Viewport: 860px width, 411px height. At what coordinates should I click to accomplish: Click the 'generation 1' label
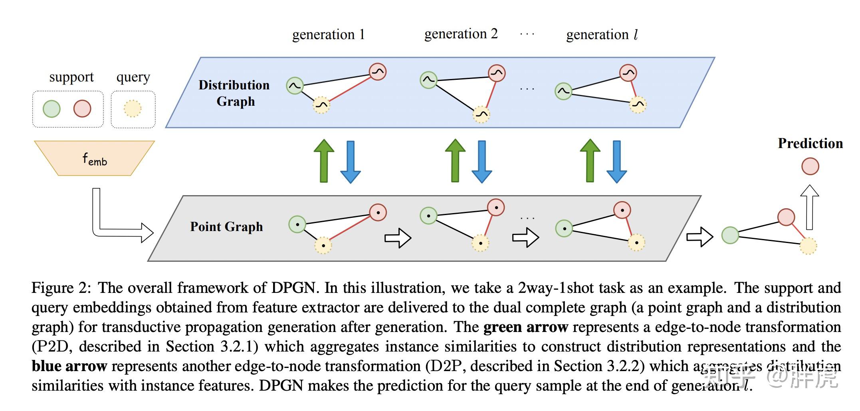[x=328, y=35]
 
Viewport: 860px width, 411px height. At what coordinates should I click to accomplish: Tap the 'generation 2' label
[x=461, y=34]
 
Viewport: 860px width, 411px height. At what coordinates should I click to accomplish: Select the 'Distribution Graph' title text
[x=234, y=93]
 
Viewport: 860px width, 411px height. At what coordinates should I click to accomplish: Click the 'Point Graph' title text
[x=226, y=227]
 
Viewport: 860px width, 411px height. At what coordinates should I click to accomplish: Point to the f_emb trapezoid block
[x=95, y=158]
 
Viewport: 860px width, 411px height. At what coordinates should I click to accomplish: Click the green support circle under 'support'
[x=52, y=109]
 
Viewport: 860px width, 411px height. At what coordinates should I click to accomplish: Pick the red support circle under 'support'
[x=82, y=109]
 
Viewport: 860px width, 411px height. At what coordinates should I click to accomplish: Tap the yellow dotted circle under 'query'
[x=133, y=109]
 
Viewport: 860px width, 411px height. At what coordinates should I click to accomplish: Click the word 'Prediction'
[x=810, y=144]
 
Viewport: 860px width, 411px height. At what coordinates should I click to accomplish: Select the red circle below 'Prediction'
[x=810, y=166]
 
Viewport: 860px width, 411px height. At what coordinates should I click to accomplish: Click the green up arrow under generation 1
[x=324, y=161]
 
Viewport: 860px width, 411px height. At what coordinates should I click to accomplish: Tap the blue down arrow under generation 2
[x=482, y=162]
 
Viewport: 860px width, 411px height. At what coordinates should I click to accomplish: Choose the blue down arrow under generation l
[x=616, y=162]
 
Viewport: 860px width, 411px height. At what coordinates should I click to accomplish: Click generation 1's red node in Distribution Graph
[x=377, y=72]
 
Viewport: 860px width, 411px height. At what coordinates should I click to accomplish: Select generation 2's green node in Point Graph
[x=428, y=216]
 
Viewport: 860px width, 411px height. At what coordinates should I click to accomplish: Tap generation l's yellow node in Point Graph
[x=636, y=242]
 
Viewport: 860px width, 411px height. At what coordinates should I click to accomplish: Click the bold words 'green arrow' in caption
[x=525, y=327]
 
